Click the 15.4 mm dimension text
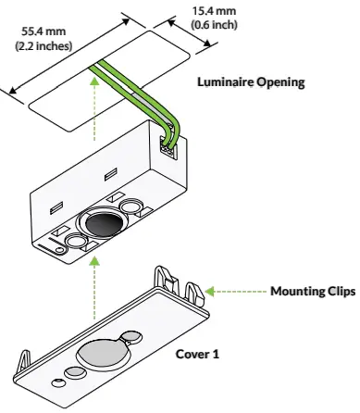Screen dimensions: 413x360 click(214, 11)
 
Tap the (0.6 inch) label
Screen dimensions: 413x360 click(214, 24)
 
